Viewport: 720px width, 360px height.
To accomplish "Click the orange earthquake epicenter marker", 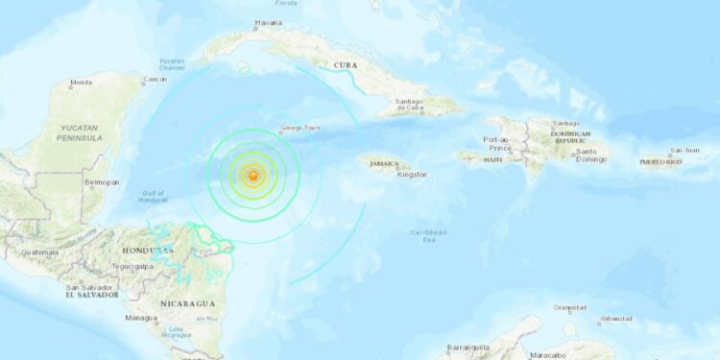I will coord(252,176).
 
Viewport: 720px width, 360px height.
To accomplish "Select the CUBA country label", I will coord(345,65).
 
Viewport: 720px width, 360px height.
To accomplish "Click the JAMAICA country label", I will coord(382,164).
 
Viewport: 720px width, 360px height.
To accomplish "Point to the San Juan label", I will coord(684,151).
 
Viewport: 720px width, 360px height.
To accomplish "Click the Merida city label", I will coord(80,84).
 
